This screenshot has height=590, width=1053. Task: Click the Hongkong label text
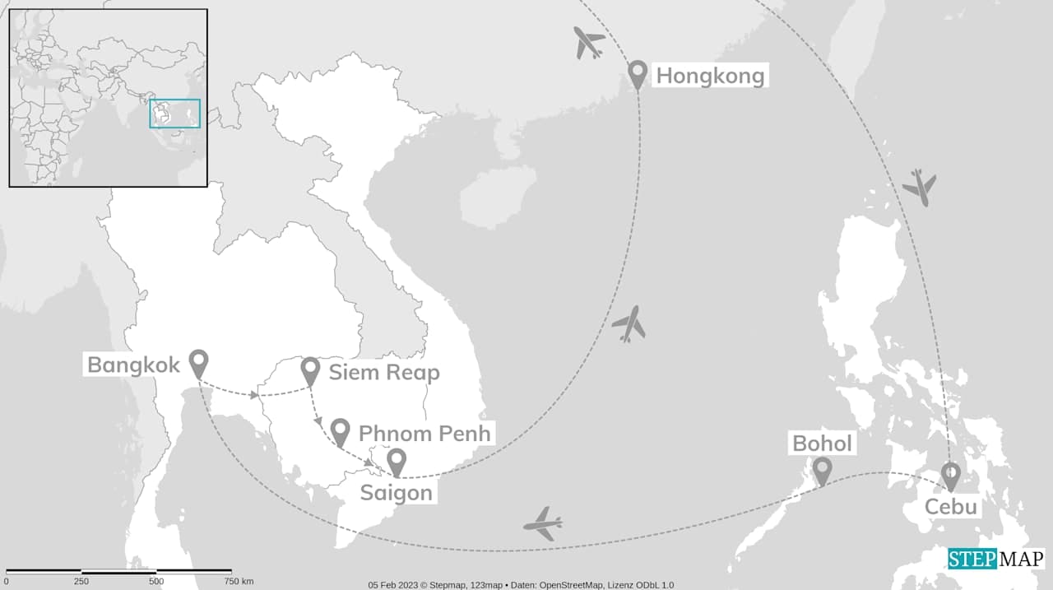pos(709,77)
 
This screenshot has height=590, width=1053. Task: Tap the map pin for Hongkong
pos(637,73)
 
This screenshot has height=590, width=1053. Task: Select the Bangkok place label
pos(133,365)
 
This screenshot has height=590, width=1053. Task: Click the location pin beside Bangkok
pos(198,363)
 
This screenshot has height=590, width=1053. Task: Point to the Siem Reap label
pos(384,372)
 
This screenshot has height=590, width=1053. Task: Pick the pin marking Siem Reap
pos(310,370)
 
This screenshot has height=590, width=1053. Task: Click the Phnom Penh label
pos(424,433)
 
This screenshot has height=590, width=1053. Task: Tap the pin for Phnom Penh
pos(341,431)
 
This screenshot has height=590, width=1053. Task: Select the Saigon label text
pos(396,493)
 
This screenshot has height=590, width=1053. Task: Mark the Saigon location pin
pos(397,462)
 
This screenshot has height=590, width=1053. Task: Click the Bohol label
pos(822,444)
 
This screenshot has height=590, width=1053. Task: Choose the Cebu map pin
pos(950,475)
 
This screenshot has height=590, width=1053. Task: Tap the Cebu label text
pos(951,506)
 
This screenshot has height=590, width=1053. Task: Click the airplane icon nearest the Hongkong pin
pos(589,43)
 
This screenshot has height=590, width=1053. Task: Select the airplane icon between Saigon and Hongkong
pos(629,324)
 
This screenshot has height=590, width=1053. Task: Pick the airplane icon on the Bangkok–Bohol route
pos(543,523)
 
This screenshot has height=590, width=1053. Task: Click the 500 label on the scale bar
pos(156,582)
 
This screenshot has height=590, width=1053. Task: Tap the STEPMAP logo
pos(995,559)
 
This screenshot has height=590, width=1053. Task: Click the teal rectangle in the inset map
pos(174,114)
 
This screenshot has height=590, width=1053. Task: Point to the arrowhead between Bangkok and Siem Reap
pos(254,396)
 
